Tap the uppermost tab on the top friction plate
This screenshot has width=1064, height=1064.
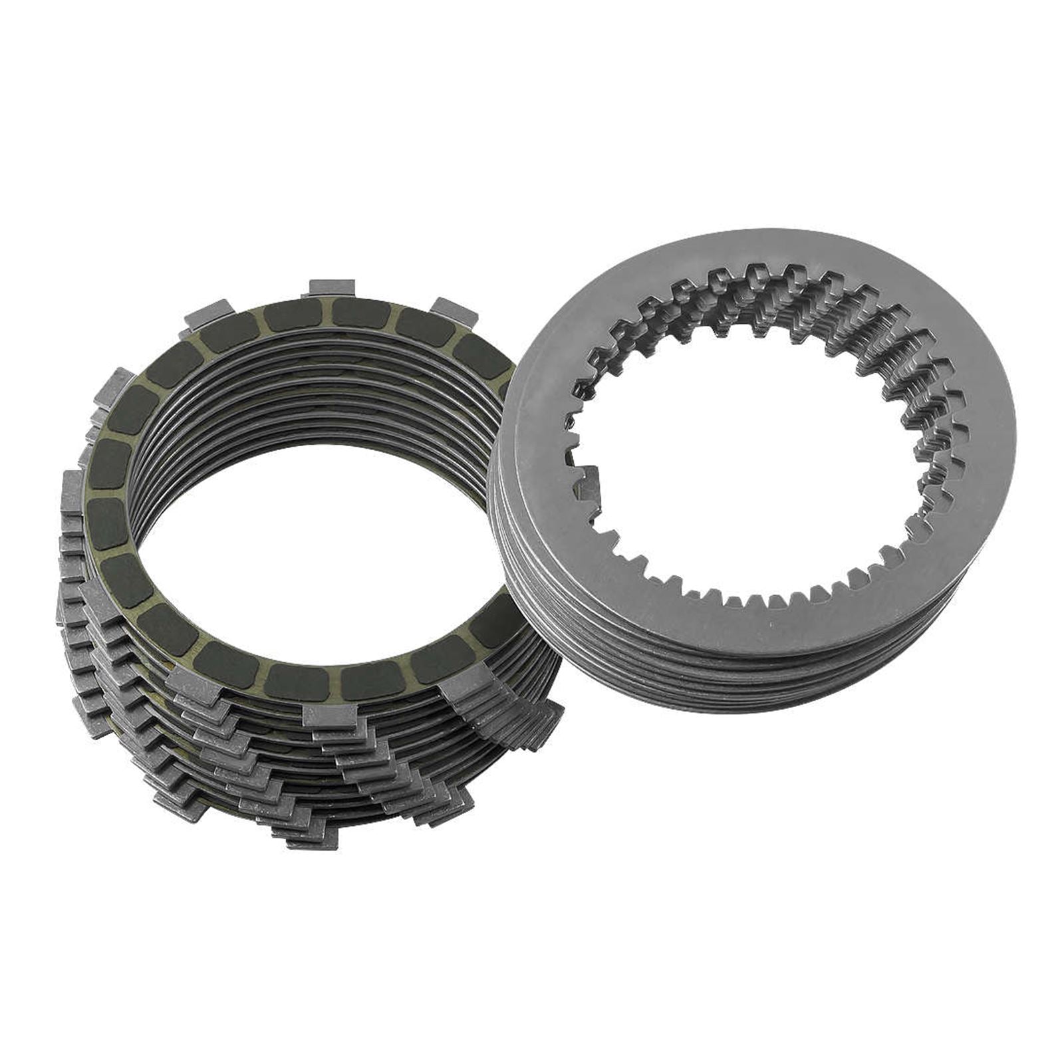(332, 288)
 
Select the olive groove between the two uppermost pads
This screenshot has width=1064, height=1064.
(327, 314)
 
